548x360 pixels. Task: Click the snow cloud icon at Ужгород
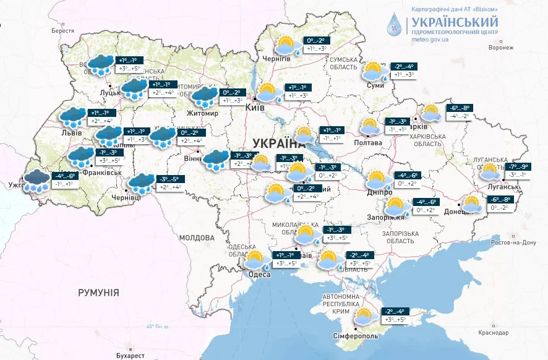(x=36, y=180)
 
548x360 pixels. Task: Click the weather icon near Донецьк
(x=472, y=204)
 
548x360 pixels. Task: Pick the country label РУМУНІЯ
(x=98, y=293)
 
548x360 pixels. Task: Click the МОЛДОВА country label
(x=197, y=238)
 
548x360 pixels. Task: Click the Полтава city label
(x=368, y=142)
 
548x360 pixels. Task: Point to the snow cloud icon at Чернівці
(x=141, y=184)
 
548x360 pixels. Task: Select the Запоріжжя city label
(x=388, y=217)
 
